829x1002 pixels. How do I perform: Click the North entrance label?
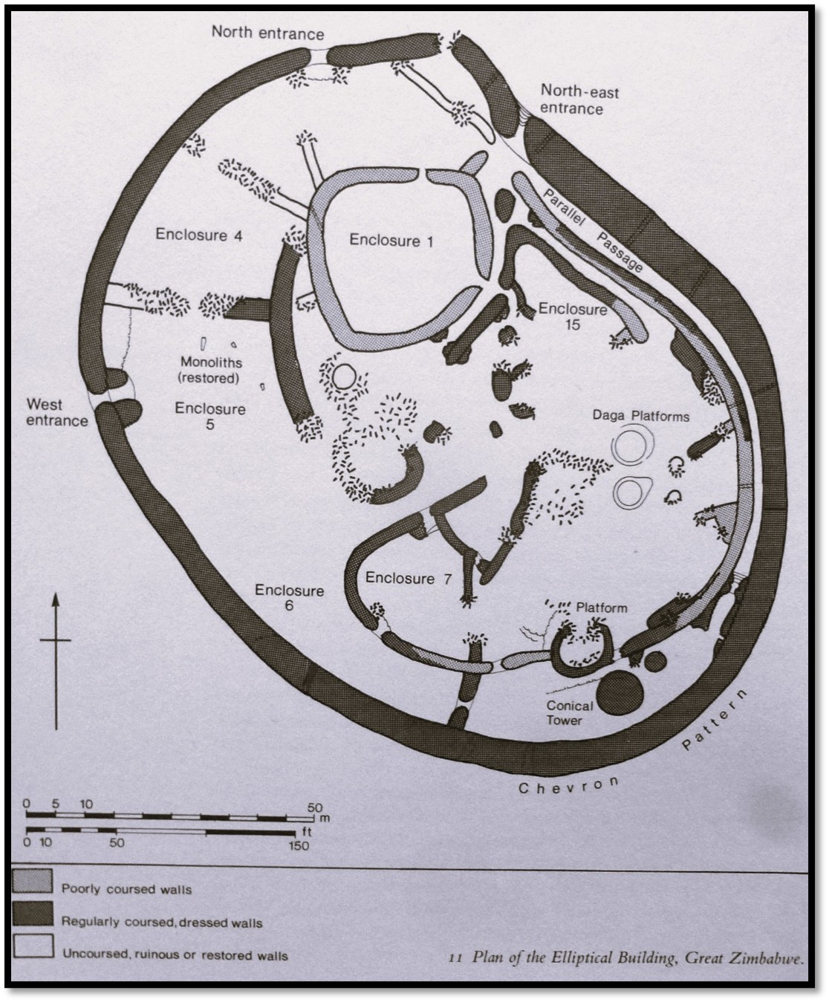pos(267,33)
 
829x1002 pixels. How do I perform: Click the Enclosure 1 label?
pos(392,241)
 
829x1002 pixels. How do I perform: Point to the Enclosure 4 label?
pos(200,235)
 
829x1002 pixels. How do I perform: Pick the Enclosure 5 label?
pos(210,417)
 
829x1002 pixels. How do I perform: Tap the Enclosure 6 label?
pos(290,598)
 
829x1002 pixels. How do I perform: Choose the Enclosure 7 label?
pos(409,579)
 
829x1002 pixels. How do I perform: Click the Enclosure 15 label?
pos(573,316)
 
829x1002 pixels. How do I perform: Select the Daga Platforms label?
pos(640,417)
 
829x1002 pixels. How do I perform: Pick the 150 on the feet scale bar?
pos(299,845)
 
